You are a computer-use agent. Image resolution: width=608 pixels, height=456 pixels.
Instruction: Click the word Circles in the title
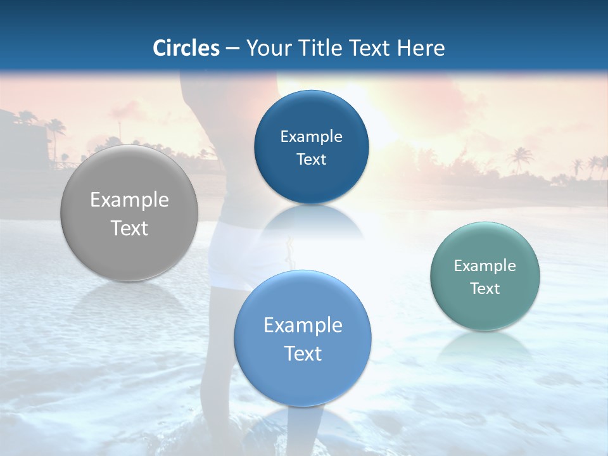point(186,48)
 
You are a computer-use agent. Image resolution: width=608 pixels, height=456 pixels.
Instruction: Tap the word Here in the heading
point(421,48)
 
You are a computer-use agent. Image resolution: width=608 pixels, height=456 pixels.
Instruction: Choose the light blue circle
point(302,380)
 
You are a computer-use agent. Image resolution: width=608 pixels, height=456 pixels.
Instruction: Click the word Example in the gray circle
point(129,200)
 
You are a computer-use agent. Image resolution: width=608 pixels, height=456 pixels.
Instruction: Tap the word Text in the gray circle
point(129,228)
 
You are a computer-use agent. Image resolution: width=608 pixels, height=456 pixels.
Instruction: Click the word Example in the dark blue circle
point(311,137)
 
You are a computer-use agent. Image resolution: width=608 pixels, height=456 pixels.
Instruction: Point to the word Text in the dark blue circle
point(311,160)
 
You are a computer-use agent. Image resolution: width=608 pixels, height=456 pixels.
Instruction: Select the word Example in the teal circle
point(484,266)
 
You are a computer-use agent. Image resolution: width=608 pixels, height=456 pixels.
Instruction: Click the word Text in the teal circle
point(484,289)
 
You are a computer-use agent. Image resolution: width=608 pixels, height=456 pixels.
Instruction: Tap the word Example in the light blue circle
point(303,326)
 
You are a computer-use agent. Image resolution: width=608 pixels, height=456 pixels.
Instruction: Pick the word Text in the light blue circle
point(303,353)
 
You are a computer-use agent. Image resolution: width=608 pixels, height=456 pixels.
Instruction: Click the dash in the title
point(232,49)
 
